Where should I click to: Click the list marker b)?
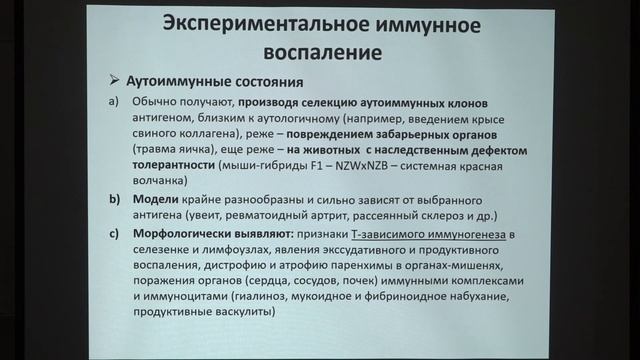(114, 201)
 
